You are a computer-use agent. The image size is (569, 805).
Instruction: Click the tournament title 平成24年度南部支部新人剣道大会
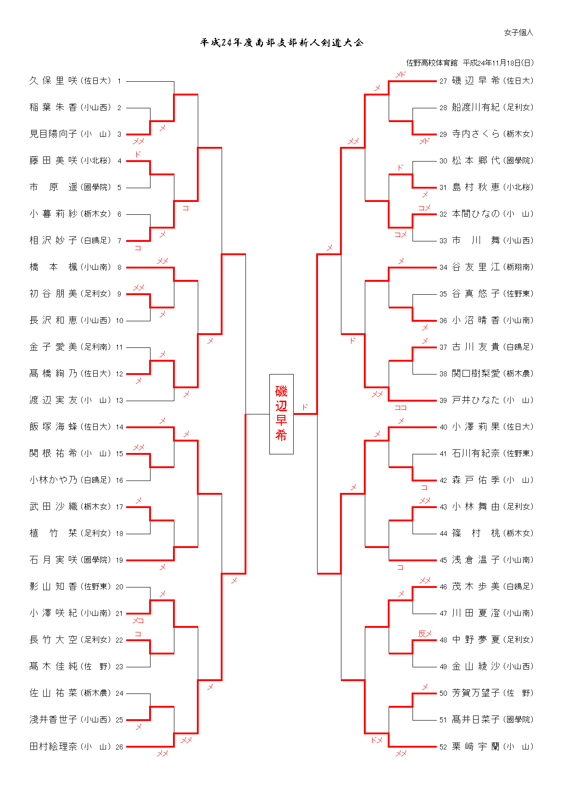tap(282, 43)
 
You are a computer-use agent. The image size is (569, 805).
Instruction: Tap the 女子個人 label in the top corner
tap(519, 33)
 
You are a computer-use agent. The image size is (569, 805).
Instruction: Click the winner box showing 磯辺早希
tap(281, 414)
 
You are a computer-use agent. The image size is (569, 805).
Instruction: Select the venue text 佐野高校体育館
tap(432, 63)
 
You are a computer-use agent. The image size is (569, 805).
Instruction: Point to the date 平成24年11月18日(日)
tap(498, 63)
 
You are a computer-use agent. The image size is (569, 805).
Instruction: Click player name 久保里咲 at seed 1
tap(53, 81)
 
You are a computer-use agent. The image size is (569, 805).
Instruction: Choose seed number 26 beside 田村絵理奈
tap(119, 747)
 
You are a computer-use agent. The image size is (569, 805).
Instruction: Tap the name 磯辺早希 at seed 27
tap(475, 81)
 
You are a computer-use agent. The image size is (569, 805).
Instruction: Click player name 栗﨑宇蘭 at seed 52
tap(475, 747)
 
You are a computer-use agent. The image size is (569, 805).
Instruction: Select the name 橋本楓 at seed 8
tap(53, 267)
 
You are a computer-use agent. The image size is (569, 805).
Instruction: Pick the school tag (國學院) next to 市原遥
tap(96, 187)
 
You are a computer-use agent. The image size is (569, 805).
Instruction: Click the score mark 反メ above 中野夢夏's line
tap(425, 634)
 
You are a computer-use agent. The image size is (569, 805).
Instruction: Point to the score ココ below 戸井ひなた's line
tap(401, 407)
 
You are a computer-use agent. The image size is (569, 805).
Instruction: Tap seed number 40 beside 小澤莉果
tap(443, 427)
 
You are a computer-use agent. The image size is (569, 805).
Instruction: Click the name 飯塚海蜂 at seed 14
tap(53, 427)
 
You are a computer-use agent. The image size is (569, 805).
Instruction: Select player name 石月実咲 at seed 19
tap(53, 560)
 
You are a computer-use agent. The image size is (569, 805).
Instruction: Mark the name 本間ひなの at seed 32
tap(475, 214)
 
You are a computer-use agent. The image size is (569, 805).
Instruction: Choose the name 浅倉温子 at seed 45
tap(475, 560)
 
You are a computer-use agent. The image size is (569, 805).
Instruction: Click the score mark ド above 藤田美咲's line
tap(138, 155)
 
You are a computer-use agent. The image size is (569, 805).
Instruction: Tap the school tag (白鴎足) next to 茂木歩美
tap(518, 587)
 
